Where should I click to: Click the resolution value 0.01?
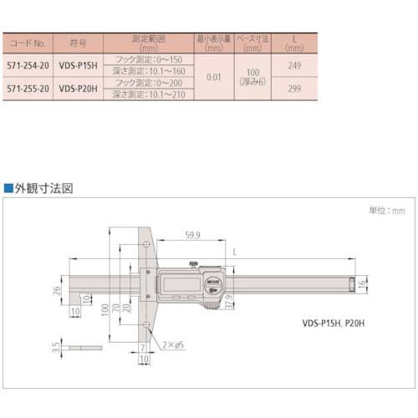[212, 75]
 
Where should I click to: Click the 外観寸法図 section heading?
[41, 189]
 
